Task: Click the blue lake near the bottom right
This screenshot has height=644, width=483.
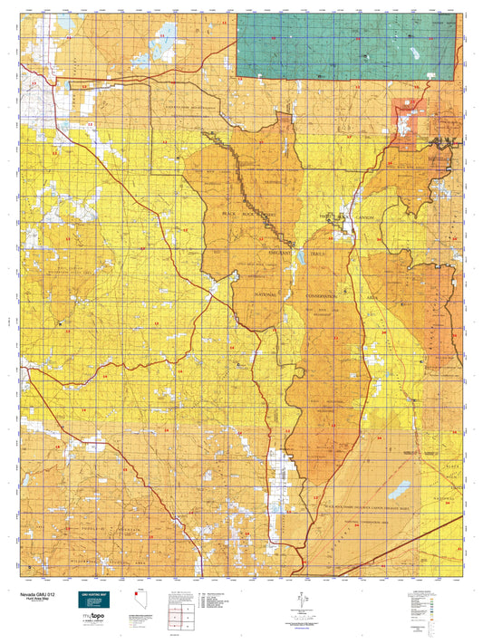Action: click(x=399, y=492)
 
